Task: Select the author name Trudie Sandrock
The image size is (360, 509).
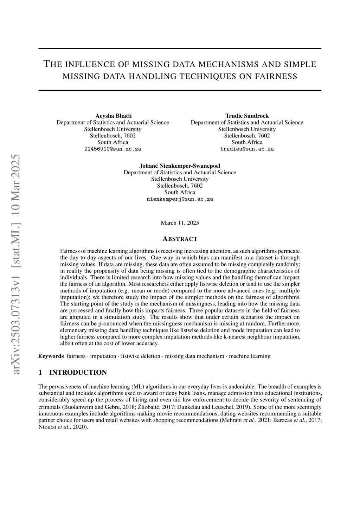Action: (247, 116)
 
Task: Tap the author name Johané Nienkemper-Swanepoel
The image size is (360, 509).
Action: (180, 166)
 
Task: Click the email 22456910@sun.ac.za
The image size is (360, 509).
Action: (112, 149)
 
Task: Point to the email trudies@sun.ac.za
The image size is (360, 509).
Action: (247, 149)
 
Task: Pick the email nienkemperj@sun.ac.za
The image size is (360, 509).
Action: (180, 199)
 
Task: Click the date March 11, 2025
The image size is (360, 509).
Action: (180, 223)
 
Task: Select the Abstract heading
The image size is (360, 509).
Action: (180, 239)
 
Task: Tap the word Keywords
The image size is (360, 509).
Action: (51, 356)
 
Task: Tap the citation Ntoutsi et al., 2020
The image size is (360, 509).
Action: (62, 427)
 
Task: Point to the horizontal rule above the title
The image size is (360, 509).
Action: (180, 49)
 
